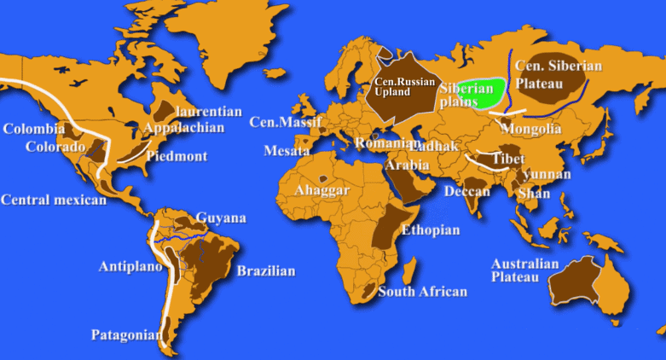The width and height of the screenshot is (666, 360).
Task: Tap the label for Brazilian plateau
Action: pyautogui.click(x=266, y=271)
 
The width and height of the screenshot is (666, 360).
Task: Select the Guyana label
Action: pyautogui.click(x=221, y=218)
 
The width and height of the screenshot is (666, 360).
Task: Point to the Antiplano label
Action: pyautogui.click(x=130, y=265)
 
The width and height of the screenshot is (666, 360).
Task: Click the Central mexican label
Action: pyautogui.click(x=54, y=200)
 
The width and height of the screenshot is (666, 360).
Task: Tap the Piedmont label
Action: pyautogui.click(x=177, y=156)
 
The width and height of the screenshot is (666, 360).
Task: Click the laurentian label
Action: pyautogui.click(x=208, y=112)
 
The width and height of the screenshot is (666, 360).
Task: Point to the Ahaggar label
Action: pyautogui.click(x=321, y=190)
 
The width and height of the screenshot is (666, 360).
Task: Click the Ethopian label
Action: pyautogui.click(x=431, y=230)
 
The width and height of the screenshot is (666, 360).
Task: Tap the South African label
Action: pyautogui.click(x=423, y=292)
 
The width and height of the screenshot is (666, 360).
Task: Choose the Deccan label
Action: pyautogui.click(x=467, y=191)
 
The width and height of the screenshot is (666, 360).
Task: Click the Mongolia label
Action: pyautogui.click(x=533, y=129)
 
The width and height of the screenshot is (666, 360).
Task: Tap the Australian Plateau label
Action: pyautogui.click(x=525, y=270)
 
